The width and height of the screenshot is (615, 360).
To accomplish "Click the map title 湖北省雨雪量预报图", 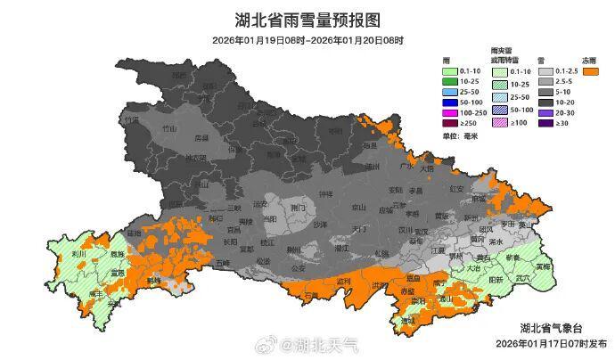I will pos(307,20).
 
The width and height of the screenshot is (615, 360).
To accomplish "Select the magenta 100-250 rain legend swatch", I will pos(453,113).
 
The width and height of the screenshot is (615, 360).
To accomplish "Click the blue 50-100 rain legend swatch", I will pos(453,102).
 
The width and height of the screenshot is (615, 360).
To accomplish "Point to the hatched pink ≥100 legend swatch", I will pos(499,123).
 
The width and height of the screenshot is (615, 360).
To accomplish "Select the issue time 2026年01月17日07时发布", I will pos(551,343).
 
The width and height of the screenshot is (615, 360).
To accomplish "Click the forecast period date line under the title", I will pos(307,40).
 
